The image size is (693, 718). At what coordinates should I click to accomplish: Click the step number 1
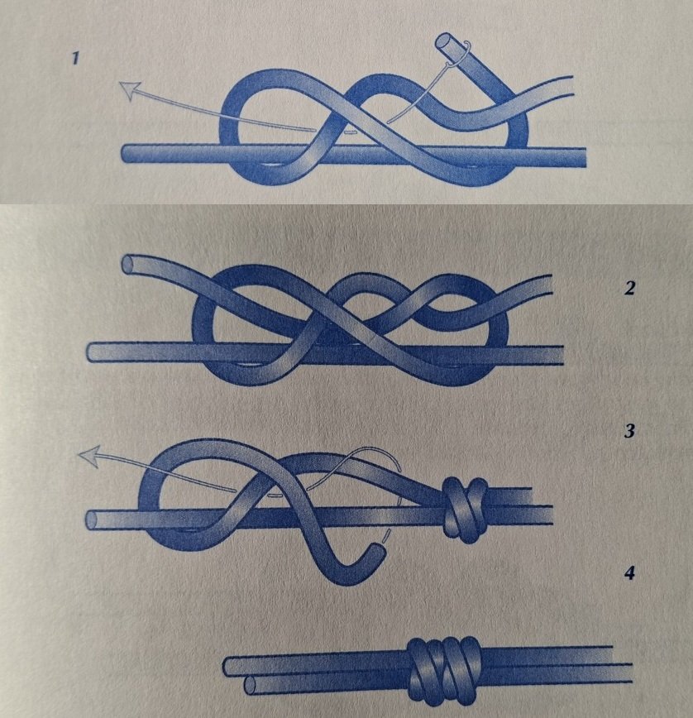coord(75,59)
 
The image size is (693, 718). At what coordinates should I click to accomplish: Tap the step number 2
coord(630,288)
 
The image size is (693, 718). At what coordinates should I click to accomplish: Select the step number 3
coord(630,431)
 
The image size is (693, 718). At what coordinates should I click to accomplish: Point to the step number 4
coord(630,573)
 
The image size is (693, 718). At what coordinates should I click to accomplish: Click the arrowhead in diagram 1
coord(130,89)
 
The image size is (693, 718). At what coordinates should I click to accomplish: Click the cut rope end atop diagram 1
coord(444,41)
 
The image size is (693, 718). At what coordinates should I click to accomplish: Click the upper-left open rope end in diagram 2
coord(129,264)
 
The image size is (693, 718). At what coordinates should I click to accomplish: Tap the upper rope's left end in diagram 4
coord(227,668)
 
